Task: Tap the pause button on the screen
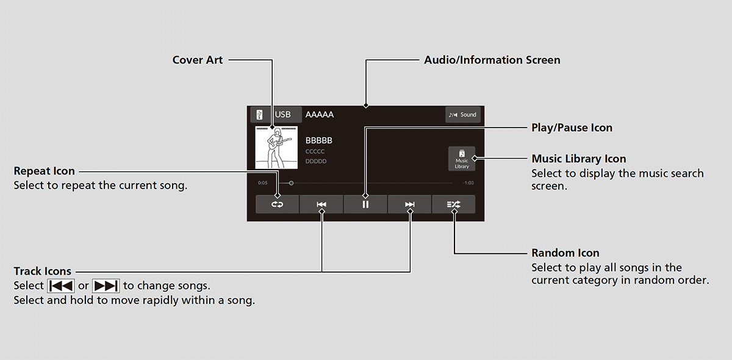365,204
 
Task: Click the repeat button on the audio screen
277,204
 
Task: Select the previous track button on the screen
321,204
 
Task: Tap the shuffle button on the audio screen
454,204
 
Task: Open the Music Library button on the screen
462,159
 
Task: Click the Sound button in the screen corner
463,115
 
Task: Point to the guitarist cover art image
276,148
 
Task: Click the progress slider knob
291,183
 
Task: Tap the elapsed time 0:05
263,183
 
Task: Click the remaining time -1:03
468,183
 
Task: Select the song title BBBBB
318,140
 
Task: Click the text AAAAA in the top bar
319,115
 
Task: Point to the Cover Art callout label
198,60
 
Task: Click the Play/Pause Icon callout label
572,128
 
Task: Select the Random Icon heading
565,253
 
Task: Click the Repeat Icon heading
44,171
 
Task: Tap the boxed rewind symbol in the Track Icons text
61,286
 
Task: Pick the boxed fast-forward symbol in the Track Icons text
106,286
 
